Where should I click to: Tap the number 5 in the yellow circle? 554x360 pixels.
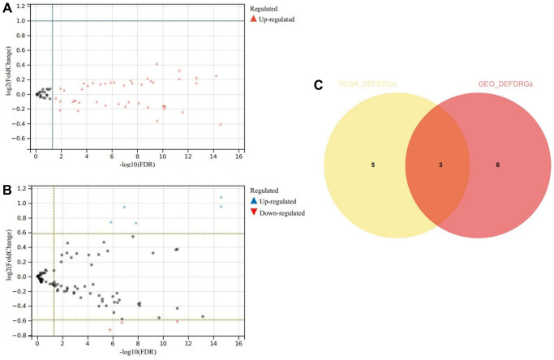coord(371,165)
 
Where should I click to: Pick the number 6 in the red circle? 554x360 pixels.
coord(498,165)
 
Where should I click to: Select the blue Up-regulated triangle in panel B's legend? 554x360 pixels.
coord(252,200)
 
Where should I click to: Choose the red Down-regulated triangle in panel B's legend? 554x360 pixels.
coord(252,212)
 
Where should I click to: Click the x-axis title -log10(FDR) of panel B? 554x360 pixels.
coord(135,354)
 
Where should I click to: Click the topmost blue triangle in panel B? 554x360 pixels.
coord(221,197)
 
